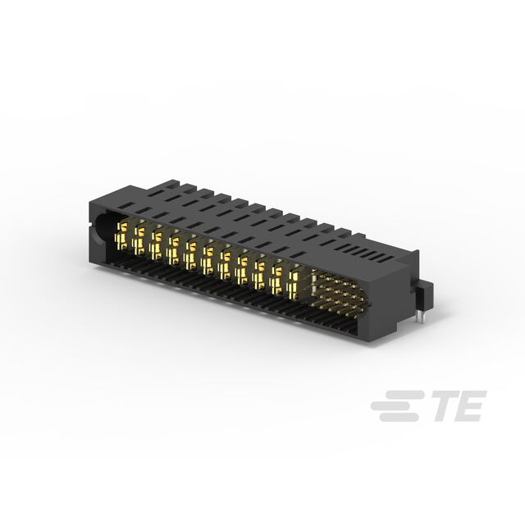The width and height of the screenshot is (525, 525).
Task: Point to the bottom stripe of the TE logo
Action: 399,417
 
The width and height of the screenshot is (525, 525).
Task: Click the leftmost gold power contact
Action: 121,235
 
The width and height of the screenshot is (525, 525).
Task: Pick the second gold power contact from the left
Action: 139,240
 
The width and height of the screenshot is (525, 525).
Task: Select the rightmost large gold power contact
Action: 294,282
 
